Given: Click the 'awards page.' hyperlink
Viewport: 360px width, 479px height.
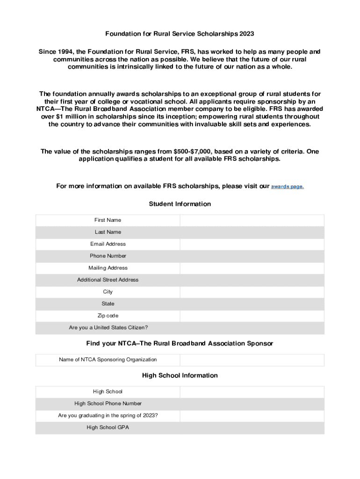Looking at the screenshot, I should click(x=288, y=187).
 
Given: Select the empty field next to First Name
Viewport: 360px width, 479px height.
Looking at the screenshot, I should click(x=252, y=220).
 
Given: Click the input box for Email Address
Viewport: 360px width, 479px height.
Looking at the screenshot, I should click(x=252, y=244).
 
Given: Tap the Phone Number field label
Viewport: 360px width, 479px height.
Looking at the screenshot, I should click(x=108, y=256).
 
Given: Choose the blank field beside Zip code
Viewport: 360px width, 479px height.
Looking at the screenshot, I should click(x=252, y=316).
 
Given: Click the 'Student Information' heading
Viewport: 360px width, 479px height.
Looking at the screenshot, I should click(x=180, y=204).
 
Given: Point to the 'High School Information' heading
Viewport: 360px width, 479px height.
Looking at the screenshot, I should click(x=180, y=376).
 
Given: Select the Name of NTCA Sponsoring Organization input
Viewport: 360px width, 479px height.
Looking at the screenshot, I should click(x=252, y=360).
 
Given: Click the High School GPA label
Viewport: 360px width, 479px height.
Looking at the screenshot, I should click(x=108, y=428).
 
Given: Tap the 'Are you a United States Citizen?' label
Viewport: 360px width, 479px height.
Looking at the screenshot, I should click(x=108, y=328).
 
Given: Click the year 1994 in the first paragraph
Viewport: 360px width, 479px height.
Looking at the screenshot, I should click(x=65, y=51).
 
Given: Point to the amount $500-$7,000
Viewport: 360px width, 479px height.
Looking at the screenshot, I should click(x=193, y=151).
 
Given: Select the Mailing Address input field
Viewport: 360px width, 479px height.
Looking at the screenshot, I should click(x=252, y=268).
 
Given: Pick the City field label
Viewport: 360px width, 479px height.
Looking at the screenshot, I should click(x=108, y=292).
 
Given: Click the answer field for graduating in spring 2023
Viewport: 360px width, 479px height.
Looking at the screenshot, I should click(x=252, y=416).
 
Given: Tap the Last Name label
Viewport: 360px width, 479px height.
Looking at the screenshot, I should click(x=108, y=232).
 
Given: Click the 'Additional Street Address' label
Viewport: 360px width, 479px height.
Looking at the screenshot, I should click(x=108, y=280).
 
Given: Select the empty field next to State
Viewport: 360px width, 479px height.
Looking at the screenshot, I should click(x=252, y=304).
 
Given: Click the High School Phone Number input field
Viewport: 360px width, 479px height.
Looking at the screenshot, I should click(x=252, y=404).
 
